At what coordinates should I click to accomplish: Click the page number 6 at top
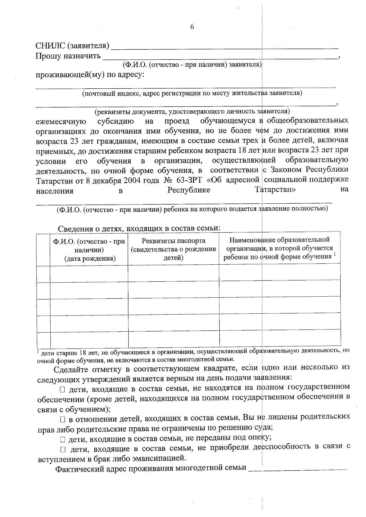[192, 27]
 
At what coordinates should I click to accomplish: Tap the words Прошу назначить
[68, 56]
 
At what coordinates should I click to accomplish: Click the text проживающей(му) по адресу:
[90, 75]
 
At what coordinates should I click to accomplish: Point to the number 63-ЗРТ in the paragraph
[189, 180]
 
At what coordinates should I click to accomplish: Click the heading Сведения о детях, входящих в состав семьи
[139, 228]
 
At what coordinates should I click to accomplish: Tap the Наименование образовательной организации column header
[279, 248]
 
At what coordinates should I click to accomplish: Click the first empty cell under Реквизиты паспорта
[174, 273]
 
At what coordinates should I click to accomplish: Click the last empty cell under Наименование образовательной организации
[280, 338]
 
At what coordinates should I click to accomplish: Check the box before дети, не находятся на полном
[63, 390]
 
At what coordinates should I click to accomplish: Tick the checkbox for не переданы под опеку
[63, 440]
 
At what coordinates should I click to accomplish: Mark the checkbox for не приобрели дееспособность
[63, 449]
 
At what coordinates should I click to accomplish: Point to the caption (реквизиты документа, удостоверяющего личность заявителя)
[192, 111]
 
